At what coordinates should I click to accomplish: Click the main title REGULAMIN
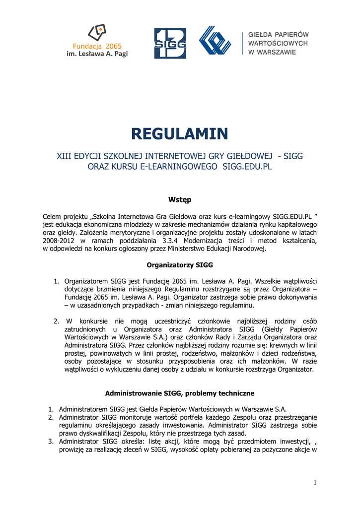pyautogui.click(x=180, y=133)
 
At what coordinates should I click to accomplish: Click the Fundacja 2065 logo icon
pyautogui.click(x=97, y=33)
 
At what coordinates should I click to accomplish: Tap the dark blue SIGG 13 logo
pyautogui.click(x=170, y=43)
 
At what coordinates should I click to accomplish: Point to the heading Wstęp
pyautogui.click(x=180, y=200)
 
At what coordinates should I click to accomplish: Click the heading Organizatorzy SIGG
pyautogui.click(x=180, y=265)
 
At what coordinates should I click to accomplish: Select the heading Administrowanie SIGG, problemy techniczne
pyautogui.click(x=180, y=393)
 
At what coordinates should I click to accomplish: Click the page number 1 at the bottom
pyautogui.click(x=315, y=483)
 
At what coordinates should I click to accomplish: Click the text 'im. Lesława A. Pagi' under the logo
pyautogui.click(x=97, y=54)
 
